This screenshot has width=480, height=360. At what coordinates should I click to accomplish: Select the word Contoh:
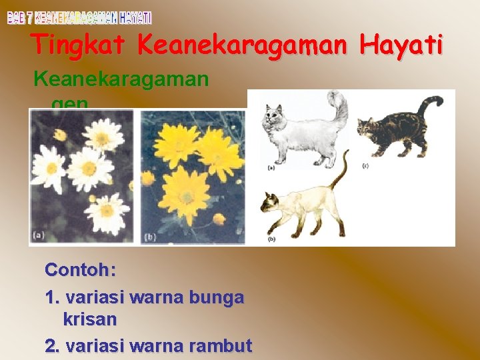pyautogui.click(x=81, y=270)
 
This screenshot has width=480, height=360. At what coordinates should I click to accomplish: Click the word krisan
pyautogui.click(x=90, y=319)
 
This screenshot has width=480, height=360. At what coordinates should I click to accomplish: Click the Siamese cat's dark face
pyautogui.click(x=269, y=204)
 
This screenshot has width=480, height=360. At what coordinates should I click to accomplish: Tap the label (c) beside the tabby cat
pyautogui.click(x=365, y=165)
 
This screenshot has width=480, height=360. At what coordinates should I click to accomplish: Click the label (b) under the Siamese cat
pyautogui.click(x=271, y=238)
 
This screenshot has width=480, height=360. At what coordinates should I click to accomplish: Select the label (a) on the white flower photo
pyautogui.click(x=39, y=235)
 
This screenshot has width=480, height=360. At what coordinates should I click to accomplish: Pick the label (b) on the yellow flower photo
pyautogui.click(x=151, y=237)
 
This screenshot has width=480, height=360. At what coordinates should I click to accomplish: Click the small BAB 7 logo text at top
pyautogui.click(x=79, y=17)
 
